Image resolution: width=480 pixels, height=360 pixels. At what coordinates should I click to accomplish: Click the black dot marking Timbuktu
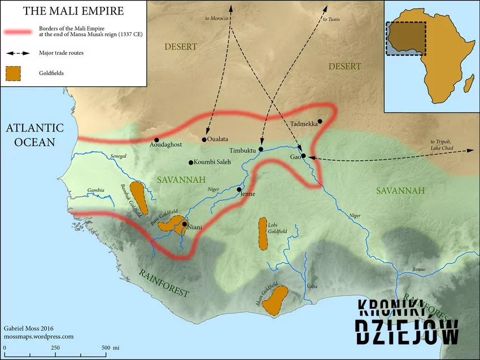(261, 149)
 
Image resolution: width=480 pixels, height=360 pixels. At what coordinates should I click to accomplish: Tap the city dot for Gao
(303, 155)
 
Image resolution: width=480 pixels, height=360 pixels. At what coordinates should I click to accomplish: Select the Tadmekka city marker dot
(320, 121)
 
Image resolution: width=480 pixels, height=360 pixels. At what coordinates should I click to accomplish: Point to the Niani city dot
(185, 224)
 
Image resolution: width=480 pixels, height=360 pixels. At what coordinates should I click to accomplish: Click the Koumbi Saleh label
(212, 163)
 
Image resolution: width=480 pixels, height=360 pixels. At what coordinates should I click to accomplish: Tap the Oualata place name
(217, 139)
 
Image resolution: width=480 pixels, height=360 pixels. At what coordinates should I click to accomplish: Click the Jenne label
(248, 194)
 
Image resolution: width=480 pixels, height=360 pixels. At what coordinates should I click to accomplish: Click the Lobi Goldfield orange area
(263, 233)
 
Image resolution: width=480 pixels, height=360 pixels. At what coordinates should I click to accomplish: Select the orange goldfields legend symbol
(14, 73)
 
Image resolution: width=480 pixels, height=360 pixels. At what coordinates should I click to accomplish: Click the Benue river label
(419, 269)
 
